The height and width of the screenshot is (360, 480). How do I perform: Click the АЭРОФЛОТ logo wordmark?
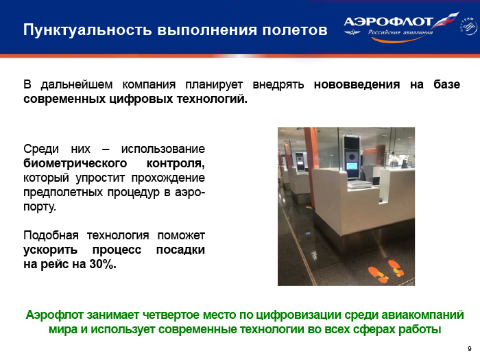tap(388, 22)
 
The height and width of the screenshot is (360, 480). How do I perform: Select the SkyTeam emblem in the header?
tap(468, 26)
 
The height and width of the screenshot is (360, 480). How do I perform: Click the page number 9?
tap(470, 348)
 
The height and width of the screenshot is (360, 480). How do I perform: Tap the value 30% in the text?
tap(103, 264)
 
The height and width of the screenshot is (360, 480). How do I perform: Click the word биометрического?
tap(75, 163)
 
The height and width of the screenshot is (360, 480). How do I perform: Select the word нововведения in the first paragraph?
tap(357, 84)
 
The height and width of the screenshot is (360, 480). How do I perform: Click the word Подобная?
tap(51, 235)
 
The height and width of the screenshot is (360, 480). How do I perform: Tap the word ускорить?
tap(50, 250)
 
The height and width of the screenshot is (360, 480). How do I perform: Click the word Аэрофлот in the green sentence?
tap(54, 315)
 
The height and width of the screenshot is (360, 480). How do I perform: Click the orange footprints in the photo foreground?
tap(386, 272)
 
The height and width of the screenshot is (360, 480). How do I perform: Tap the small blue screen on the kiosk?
tap(352, 167)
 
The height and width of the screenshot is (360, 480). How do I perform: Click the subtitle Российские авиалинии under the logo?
tap(400, 32)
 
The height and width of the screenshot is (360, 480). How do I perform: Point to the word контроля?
tap(176, 163)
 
